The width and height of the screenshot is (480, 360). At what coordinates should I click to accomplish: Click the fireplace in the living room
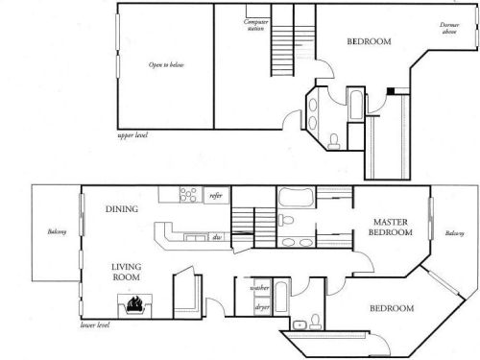[x=135, y=305]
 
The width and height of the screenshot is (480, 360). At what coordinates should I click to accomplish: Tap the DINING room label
[x=123, y=209]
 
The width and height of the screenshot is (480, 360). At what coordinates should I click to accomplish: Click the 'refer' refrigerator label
[x=216, y=196]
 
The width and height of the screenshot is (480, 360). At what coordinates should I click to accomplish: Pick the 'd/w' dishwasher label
[x=218, y=236]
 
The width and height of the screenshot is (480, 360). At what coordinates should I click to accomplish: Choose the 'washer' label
[x=259, y=287]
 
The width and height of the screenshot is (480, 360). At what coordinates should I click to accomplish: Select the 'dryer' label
[x=260, y=307]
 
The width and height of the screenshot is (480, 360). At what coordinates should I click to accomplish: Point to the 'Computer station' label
[x=255, y=24]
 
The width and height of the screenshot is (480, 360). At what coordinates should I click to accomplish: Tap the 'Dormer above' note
[x=449, y=29]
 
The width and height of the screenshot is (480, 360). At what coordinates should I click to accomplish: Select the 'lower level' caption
[x=95, y=325]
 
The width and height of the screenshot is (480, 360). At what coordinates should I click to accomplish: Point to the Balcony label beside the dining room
[x=56, y=231]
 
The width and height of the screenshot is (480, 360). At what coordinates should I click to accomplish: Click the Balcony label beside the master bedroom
[x=455, y=233]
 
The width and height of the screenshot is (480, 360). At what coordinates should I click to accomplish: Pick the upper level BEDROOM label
[x=366, y=42]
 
